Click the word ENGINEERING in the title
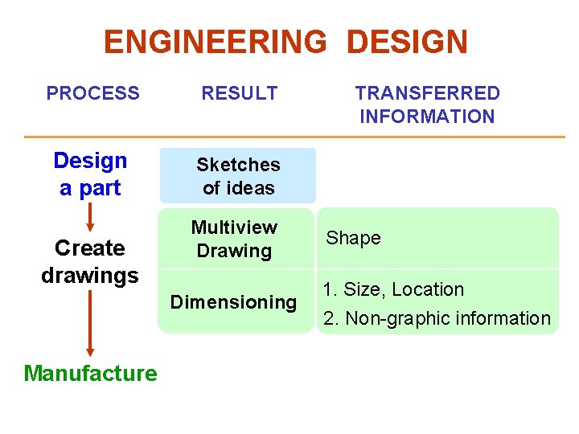[x=215, y=42]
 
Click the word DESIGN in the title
[x=407, y=42]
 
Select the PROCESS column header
[x=92, y=93]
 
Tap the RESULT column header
[x=239, y=93]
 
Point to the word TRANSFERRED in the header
[x=427, y=93]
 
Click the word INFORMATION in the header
[x=427, y=117]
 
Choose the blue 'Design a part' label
[x=90, y=174]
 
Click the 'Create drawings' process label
[x=90, y=261]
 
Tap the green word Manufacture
[x=90, y=373]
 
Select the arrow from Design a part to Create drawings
[x=90, y=215]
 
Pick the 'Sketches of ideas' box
[x=238, y=176]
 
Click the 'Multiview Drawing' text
[x=234, y=240]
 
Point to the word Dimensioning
[x=233, y=302]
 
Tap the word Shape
[x=353, y=238]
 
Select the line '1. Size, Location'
[x=393, y=289]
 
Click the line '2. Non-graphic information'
[x=437, y=318]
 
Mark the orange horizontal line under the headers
[x=294, y=137]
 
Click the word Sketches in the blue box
[x=238, y=165]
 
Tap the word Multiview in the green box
[x=234, y=228]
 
